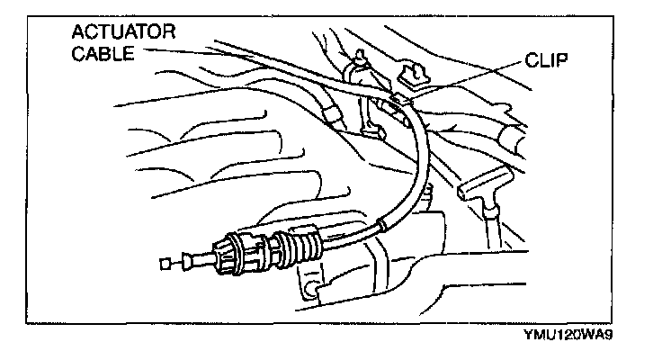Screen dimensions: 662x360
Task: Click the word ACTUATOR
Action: tap(124, 34)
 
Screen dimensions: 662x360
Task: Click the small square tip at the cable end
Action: tap(164, 264)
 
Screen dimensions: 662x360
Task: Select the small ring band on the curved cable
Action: tap(385, 220)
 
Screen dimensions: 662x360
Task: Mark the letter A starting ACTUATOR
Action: tap(79, 34)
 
